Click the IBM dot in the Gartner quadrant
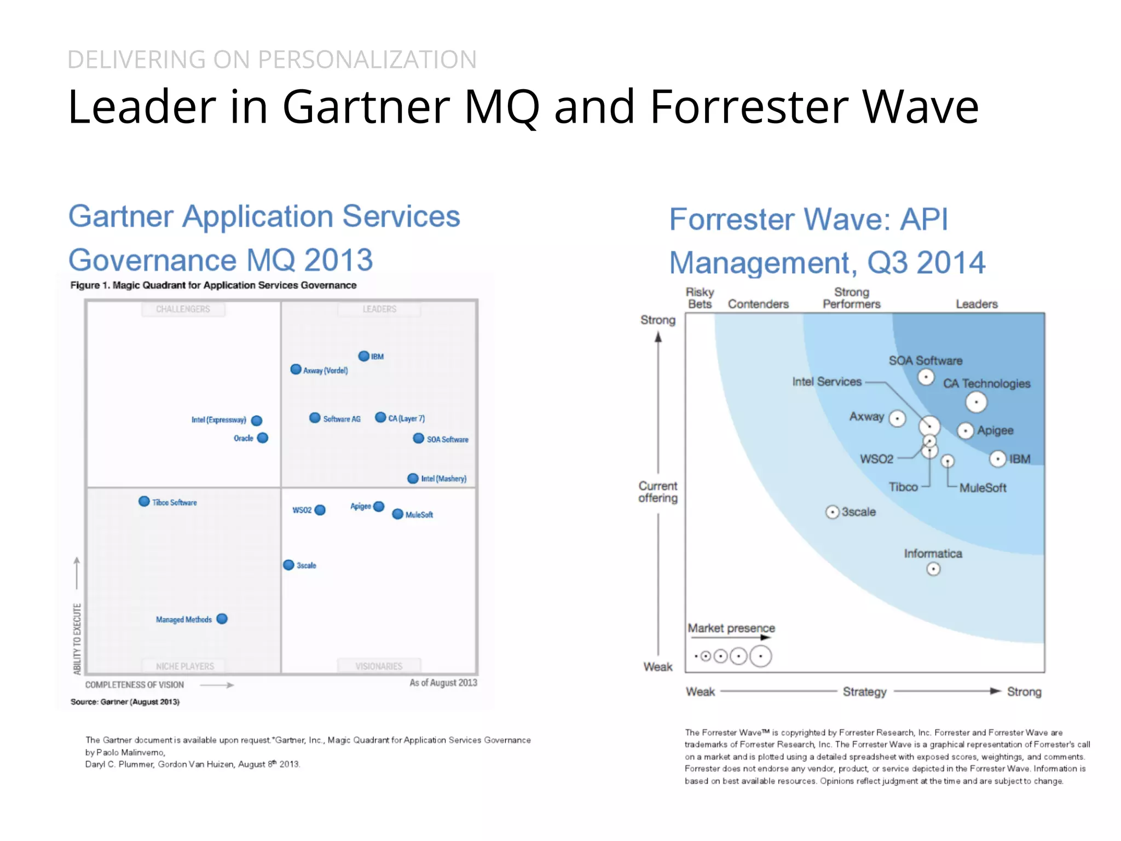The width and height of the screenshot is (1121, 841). tap(363, 356)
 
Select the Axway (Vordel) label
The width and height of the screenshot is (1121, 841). tap(325, 371)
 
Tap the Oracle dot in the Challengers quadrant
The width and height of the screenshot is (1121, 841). tap(263, 438)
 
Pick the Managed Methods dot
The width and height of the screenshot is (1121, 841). tap(222, 619)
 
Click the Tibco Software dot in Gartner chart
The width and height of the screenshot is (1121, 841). tap(144, 502)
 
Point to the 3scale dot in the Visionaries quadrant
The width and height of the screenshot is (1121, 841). tap(288, 565)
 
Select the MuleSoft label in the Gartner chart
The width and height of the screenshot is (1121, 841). tap(419, 515)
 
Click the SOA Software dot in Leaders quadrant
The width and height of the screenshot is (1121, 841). tap(418, 439)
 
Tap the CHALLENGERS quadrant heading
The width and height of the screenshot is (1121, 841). tap(183, 309)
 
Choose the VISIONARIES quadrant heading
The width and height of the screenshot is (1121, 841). tap(379, 666)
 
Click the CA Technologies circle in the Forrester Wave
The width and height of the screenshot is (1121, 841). tap(976, 402)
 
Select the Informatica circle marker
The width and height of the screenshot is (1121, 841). tap(933, 569)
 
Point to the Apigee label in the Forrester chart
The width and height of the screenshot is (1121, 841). tap(995, 430)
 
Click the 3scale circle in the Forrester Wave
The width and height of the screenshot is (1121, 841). tap(832, 512)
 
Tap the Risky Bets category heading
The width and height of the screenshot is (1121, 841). tap(700, 298)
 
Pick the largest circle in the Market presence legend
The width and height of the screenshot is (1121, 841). tap(760, 656)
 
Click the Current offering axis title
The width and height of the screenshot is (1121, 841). tap(657, 492)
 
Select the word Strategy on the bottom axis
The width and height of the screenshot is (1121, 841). tap(864, 692)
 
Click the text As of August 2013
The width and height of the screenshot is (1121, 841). tap(443, 683)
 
